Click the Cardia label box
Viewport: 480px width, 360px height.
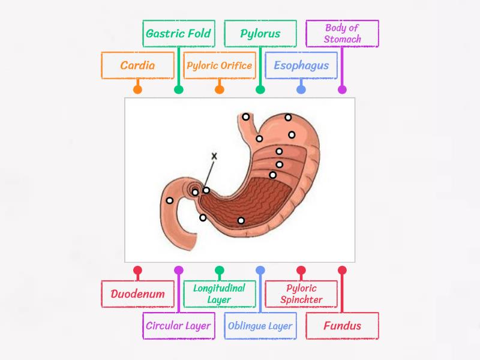click(137, 65)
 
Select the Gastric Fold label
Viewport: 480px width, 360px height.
click(178, 33)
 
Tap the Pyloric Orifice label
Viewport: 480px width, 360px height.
click(219, 65)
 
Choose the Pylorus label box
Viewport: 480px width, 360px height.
click(260, 33)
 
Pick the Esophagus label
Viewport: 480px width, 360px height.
click(301, 65)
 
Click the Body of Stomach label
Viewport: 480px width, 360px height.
click(342, 33)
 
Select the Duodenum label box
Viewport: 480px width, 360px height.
click(137, 294)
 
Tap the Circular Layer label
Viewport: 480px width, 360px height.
click(178, 326)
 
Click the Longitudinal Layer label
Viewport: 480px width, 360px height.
click(219, 294)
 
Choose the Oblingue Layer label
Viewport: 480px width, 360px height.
click(260, 326)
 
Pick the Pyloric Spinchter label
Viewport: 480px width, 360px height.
click(301, 294)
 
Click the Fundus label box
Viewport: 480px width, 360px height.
click(342, 326)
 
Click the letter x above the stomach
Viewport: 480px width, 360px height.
click(214, 156)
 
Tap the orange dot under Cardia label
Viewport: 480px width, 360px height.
click(137, 90)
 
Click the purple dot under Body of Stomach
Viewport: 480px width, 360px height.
click(342, 90)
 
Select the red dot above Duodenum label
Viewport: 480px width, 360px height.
click(137, 270)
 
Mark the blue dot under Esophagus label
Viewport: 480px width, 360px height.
click(301, 90)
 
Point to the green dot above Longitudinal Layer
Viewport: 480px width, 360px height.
click(219, 270)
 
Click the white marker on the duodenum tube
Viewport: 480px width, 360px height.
click(170, 200)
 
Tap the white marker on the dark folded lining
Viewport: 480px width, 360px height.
click(241, 220)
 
